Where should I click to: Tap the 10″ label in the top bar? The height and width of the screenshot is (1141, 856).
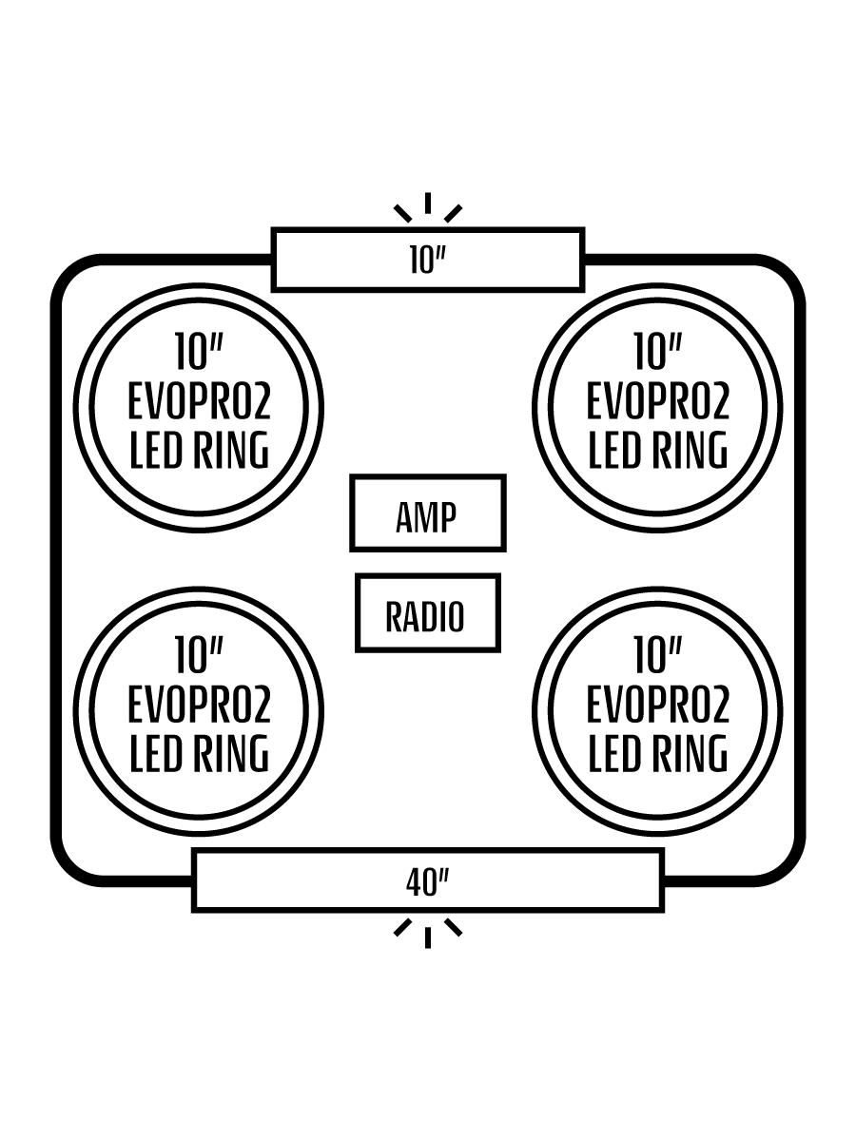pyautogui.click(x=427, y=260)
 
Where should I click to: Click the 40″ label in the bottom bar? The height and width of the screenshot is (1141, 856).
pyautogui.click(x=427, y=881)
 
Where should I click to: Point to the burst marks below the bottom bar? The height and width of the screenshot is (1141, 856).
pyautogui.click(x=428, y=931)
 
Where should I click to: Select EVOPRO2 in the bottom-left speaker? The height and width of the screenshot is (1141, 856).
pyautogui.click(x=200, y=706)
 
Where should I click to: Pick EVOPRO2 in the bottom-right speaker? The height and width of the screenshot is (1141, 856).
pyautogui.click(x=657, y=706)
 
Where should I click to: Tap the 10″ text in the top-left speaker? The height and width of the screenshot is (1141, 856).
pyautogui.click(x=199, y=352)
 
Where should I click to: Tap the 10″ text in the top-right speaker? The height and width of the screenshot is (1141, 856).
pyautogui.click(x=657, y=352)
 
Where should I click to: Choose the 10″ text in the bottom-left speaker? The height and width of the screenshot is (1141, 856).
pyautogui.click(x=199, y=656)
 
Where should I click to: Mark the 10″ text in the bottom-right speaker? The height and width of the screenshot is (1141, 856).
pyautogui.click(x=657, y=656)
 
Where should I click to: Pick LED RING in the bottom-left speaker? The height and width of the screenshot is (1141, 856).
pyautogui.click(x=200, y=754)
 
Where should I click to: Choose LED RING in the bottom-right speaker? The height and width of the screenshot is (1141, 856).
pyautogui.click(x=657, y=754)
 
